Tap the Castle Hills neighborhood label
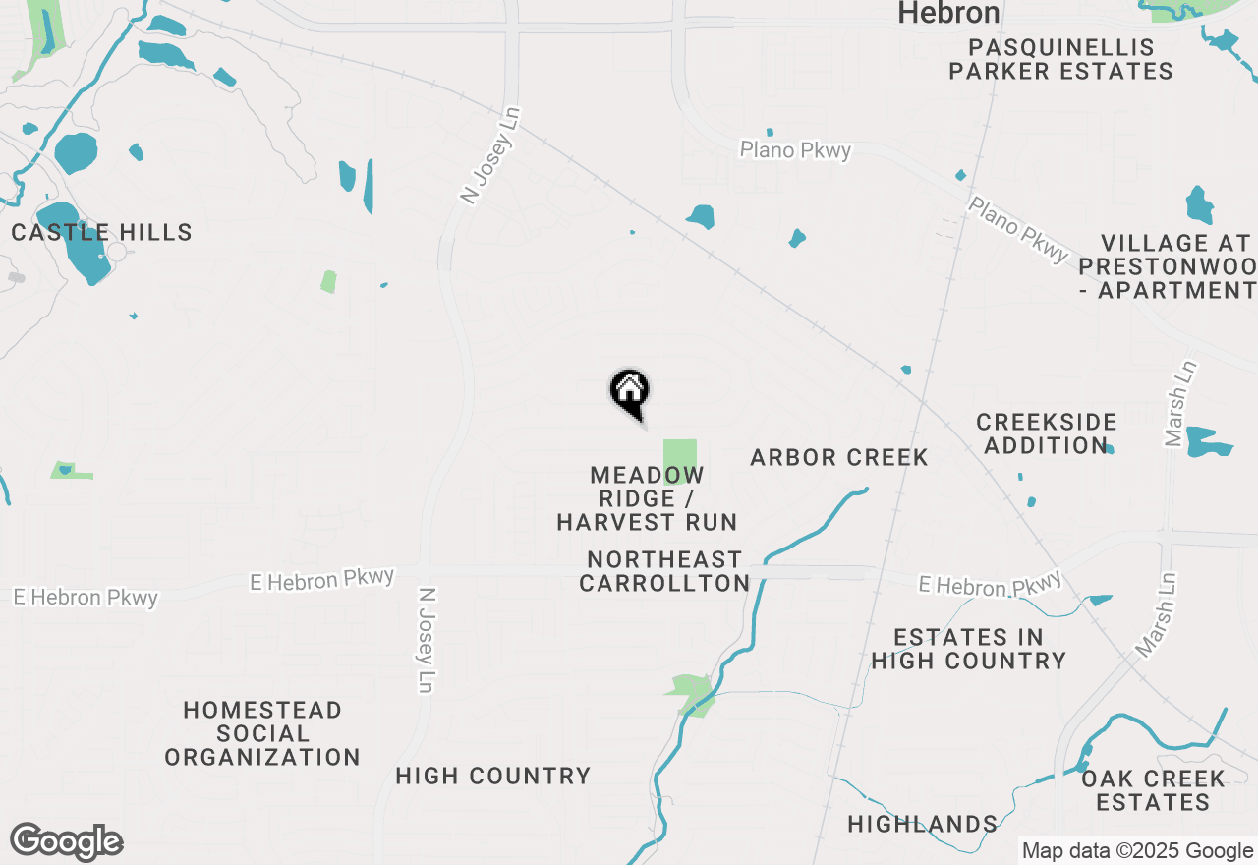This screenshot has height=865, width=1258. pyautogui.click(x=101, y=233)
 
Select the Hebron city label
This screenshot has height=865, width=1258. pyautogui.click(x=949, y=13)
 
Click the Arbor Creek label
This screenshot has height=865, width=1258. pyautogui.click(x=839, y=457)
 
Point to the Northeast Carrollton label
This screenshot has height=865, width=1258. pyautogui.click(x=664, y=571)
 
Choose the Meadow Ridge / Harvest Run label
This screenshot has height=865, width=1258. pyautogui.click(x=647, y=498)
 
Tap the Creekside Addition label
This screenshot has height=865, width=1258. pyautogui.click(x=1047, y=433)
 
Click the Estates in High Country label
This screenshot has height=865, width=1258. pyautogui.click(x=968, y=649)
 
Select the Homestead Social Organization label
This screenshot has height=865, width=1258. pyautogui.click(x=262, y=733)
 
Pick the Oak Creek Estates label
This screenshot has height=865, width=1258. pyautogui.click(x=1153, y=790)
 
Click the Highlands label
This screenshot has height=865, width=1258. pyautogui.click(x=923, y=824)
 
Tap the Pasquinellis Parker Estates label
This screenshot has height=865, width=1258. pyautogui.click(x=1060, y=59)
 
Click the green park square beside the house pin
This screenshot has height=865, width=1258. pyautogui.click(x=679, y=460)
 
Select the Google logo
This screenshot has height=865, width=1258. pyautogui.click(x=66, y=842)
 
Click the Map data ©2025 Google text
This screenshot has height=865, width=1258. pyautogui.click(x=1137, y=851)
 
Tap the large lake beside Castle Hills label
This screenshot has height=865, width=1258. pyautogui.click(x=73, y=241)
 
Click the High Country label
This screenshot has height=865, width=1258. pyautogui.click(x=493, y=777)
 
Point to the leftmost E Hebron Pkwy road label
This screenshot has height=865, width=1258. pyautogui.click(x=86, y=597)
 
